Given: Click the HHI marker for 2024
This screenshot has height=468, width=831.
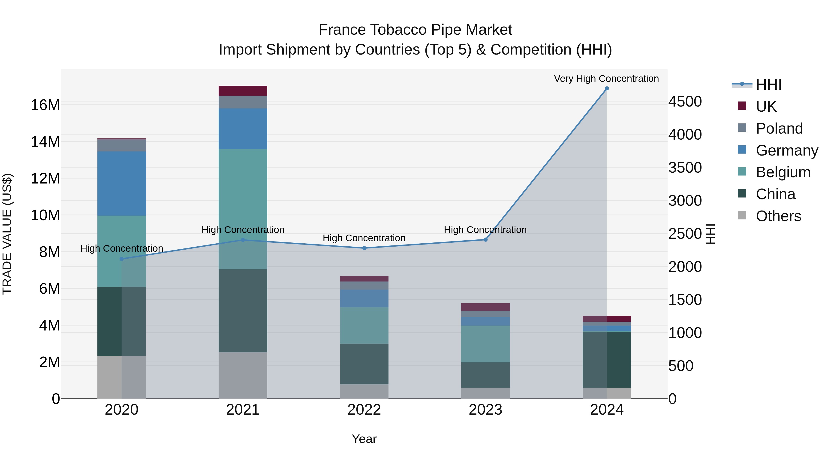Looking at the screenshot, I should click(606, 89).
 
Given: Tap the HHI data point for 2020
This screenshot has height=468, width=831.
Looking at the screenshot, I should click(122, 259).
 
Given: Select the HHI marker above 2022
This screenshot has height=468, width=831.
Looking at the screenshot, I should click(364, 248).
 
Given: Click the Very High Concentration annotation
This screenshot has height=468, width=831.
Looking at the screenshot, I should click(606, 79).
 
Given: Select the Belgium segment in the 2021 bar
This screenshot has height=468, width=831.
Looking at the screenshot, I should click(243, 209).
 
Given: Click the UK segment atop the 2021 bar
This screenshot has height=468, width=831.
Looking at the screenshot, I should click(243, 91).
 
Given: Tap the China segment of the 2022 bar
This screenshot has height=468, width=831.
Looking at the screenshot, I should click(364, 364).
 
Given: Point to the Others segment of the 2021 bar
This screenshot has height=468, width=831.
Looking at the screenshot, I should click(243, 375).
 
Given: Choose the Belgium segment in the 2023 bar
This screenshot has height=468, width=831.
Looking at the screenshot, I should click(485, 344).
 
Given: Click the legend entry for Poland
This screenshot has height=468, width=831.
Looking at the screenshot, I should click(779, 128).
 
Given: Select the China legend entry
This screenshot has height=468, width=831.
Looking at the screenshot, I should click(775, 194).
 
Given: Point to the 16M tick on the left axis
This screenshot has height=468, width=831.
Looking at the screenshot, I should click(45, 105).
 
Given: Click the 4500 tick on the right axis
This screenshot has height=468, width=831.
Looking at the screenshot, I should click(685, 101).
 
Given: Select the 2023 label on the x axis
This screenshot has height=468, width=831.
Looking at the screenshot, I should click(485, 410).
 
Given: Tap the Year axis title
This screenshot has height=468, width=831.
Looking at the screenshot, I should click(364, 439).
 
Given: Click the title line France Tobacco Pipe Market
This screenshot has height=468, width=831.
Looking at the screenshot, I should click(415, 30).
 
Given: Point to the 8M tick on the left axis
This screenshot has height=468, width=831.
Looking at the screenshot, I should click(49, 252).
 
